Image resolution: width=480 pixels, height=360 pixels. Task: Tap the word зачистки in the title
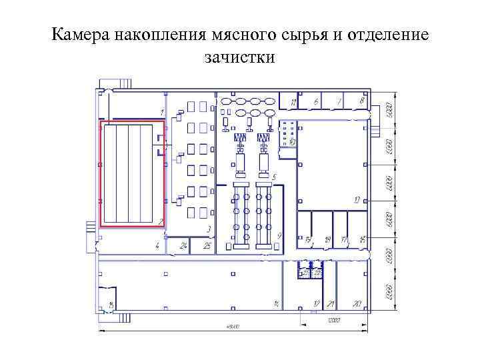pos(240,57)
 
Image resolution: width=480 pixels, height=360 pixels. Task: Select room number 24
pos(183,246)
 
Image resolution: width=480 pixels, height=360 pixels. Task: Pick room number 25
pos(207,246)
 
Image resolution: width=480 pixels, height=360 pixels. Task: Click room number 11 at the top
pos(293,102)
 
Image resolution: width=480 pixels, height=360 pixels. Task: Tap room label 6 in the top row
pos(316,101)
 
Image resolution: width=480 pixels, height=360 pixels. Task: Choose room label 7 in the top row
pos(339,101)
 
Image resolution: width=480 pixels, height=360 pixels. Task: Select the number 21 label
pos(331,304)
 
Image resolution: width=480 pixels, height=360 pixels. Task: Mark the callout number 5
pos(275,177)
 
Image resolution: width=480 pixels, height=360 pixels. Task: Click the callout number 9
pos(280,235)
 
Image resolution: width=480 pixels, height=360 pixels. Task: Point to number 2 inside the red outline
pos(160,221)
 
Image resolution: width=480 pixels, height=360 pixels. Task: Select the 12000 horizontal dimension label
pos(333,321)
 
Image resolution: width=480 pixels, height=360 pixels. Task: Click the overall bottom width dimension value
pos(233,327)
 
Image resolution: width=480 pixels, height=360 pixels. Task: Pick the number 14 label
pos(275,304)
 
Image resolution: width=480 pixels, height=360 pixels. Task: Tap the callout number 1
pos(162,110)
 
